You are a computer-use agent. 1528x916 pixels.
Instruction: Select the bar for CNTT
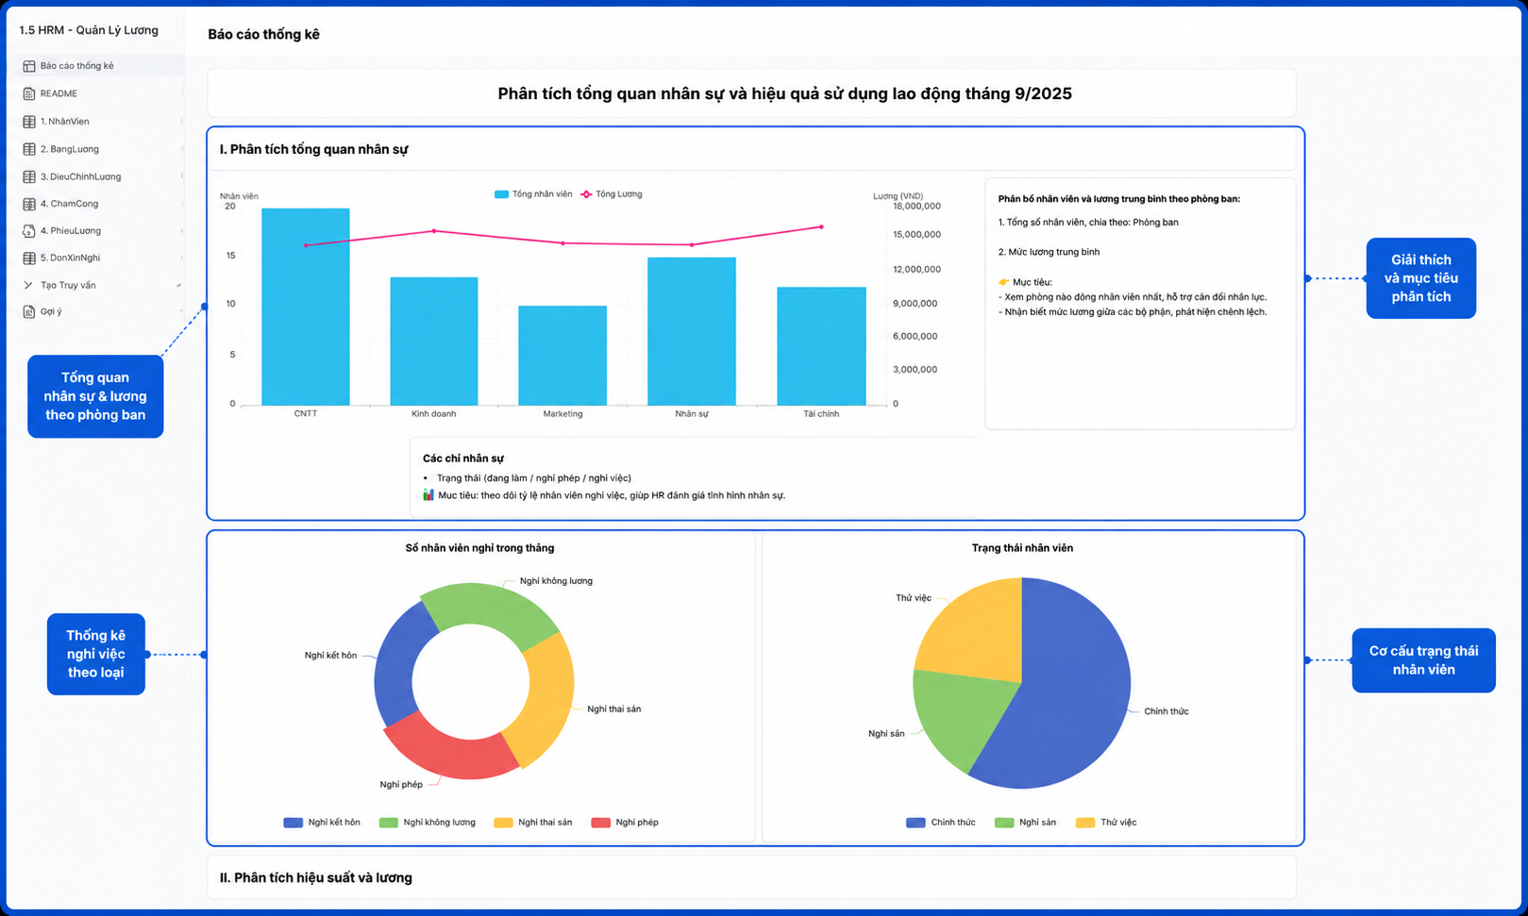coord(306,307)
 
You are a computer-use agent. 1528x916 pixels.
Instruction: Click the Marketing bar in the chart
coord(563,356)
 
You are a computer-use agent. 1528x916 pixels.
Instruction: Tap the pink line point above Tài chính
coord(821,227)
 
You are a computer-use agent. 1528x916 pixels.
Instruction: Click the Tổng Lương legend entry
coord(612,194)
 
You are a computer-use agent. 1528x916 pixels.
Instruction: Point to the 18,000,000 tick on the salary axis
coord(916,206)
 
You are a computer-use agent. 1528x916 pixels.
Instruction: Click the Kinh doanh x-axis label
coord(434,414)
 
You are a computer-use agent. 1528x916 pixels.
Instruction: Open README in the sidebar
coord(59,93)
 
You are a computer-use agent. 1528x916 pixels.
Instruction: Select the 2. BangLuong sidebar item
coord(70,149)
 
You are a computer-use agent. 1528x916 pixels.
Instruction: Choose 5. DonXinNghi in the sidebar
coord(70,258)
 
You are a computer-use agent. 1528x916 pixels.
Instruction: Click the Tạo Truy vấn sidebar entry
coord(68,285)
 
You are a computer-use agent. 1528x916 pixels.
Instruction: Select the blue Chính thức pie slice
coord(1071,689)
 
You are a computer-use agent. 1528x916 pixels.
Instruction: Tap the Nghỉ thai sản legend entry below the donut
coord(533,823)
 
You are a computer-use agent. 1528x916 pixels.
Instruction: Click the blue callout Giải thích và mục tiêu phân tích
coord(1421,278)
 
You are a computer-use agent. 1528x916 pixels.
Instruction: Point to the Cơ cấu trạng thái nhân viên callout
coord(1423,660)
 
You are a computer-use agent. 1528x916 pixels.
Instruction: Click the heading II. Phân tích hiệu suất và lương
coord(316,878)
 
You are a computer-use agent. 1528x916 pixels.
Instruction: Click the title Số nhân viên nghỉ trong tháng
coord(479,548)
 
